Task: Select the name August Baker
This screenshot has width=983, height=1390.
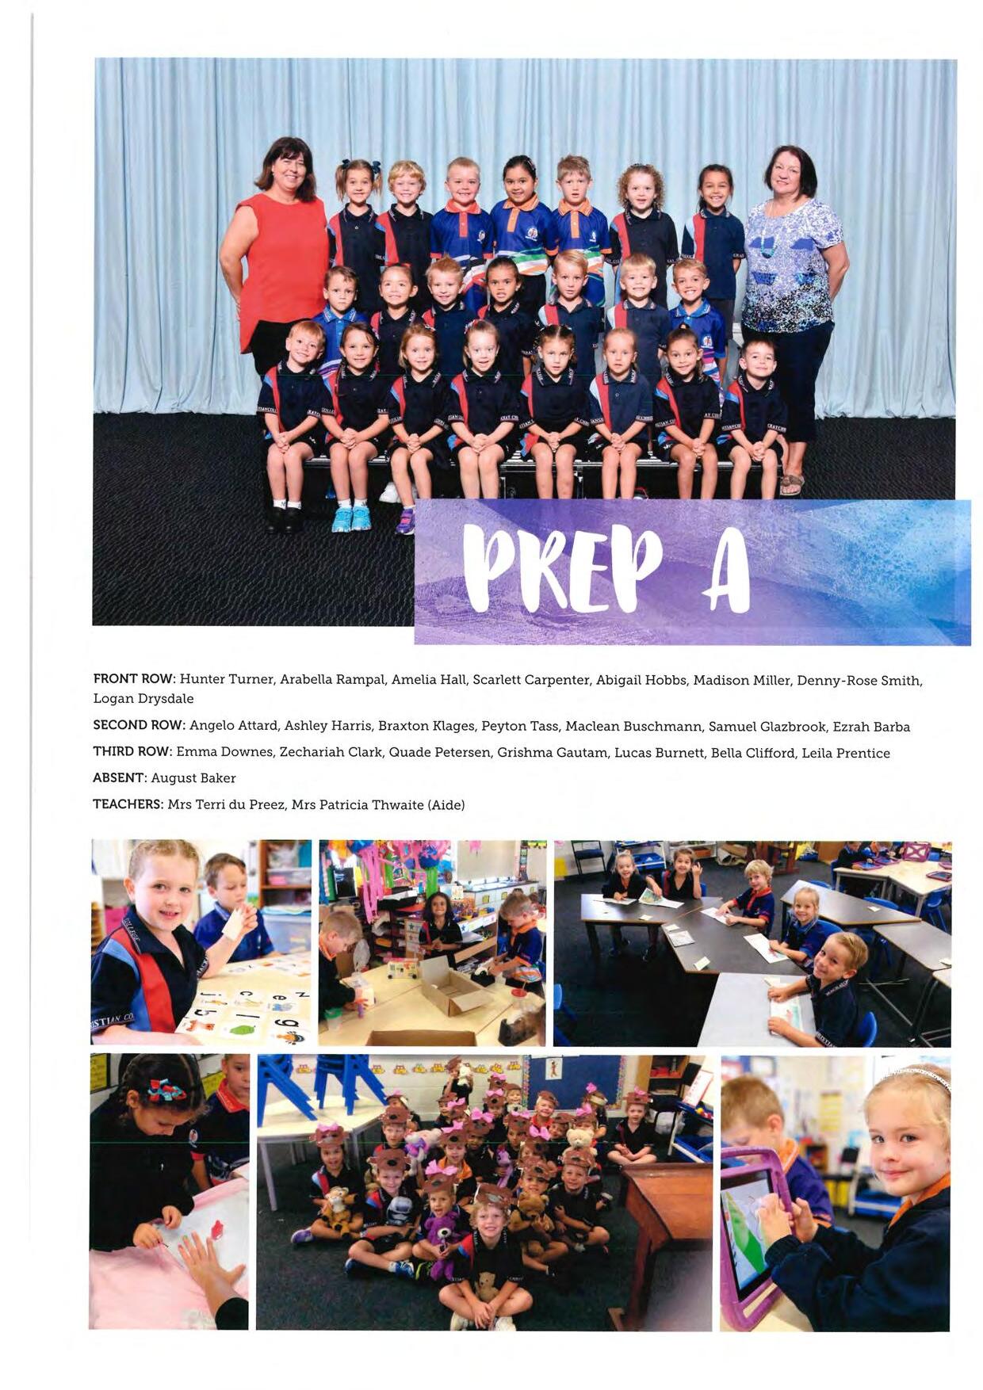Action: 193,778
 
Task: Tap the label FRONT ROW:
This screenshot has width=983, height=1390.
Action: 133,679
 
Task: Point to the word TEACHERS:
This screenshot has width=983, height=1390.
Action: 128,804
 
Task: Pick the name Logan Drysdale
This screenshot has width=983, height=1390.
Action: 143,699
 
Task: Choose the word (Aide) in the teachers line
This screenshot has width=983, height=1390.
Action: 446,805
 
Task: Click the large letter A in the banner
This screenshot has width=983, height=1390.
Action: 725,571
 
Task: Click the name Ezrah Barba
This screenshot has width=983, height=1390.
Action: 870,727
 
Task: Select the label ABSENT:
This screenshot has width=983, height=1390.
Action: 119,778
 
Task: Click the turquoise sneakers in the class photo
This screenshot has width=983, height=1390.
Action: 351,518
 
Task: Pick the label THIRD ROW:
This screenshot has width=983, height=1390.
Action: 132,752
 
